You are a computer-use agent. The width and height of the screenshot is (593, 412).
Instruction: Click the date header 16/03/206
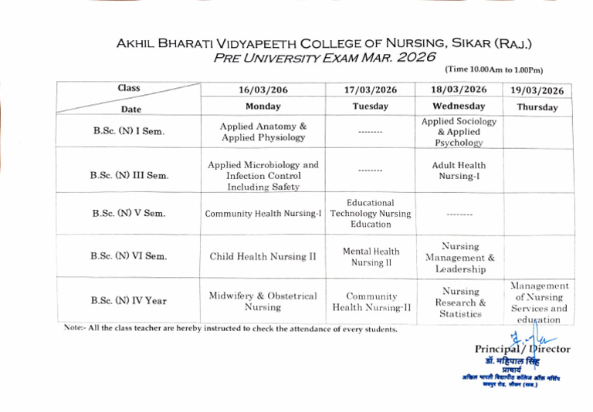point(263,89)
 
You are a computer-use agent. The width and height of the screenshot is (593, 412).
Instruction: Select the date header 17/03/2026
point(371,89)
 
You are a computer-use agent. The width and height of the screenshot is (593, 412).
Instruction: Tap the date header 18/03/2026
point(459,89)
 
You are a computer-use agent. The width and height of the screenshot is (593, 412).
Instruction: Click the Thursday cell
point(537,107)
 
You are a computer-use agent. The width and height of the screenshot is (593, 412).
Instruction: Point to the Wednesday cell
point(459,106)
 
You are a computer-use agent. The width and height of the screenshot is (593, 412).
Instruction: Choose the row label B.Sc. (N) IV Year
point(129,300)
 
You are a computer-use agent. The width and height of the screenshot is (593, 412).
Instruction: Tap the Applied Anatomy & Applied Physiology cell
point(263,131)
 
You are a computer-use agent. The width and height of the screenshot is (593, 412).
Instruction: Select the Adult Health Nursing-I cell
point(459,171)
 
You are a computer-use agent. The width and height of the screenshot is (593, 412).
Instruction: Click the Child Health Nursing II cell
point(263,256)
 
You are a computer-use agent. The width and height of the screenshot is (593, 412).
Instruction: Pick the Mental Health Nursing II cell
point(371,256)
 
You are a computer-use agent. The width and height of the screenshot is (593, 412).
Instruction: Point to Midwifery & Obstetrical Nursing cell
point(263,301)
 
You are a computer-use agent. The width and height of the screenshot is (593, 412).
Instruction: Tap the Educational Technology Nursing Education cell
point(371,214)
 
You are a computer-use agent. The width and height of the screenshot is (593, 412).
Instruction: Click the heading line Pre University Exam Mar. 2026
point(324,56)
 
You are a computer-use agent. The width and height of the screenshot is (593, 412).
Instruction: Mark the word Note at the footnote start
point(73,329)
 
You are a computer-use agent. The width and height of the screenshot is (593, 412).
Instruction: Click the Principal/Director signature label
point(522,349)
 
